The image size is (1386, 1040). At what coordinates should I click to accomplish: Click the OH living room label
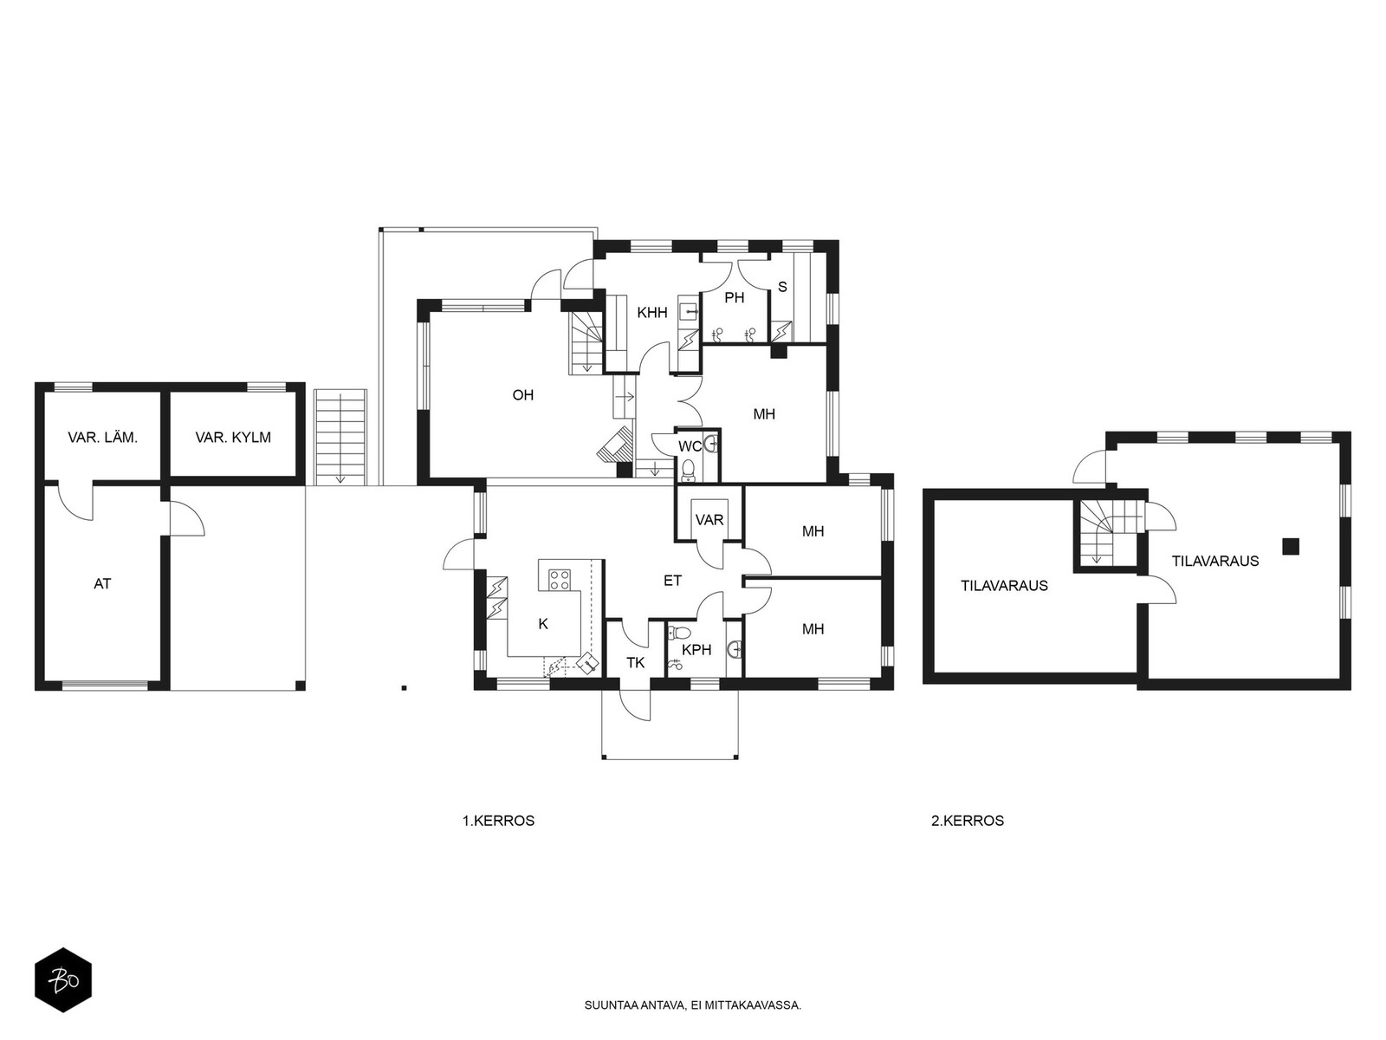[x=523, y=395]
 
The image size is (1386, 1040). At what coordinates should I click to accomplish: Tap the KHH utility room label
[x=652, y=312]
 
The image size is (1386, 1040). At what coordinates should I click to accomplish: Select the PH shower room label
[x=735, y=297]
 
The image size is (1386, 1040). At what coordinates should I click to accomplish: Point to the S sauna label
[x=782, y=287]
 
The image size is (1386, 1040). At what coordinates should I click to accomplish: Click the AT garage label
[x=102, y=583]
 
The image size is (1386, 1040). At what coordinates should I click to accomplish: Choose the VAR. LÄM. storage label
[x=103, y=437]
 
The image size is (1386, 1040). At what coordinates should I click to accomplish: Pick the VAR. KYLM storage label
[x=233, y=437]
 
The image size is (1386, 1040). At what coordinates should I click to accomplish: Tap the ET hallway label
[x=672, y=581]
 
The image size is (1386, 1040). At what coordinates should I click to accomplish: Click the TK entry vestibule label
[x=635, y=662]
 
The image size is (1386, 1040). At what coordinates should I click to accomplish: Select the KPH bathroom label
[x=696, y=650]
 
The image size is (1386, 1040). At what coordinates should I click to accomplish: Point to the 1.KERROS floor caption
[x=498, y=821]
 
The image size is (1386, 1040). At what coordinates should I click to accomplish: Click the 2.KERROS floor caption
[x=968, y=821]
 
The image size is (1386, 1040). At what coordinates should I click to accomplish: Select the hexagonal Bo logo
[x=63, y=981]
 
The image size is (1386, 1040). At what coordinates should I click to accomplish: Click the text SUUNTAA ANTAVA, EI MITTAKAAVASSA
[x=693, y=1005]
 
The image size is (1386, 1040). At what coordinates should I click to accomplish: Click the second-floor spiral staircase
[x=1106, y=531]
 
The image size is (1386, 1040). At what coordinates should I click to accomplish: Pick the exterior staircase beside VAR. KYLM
[x=340, y=436]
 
